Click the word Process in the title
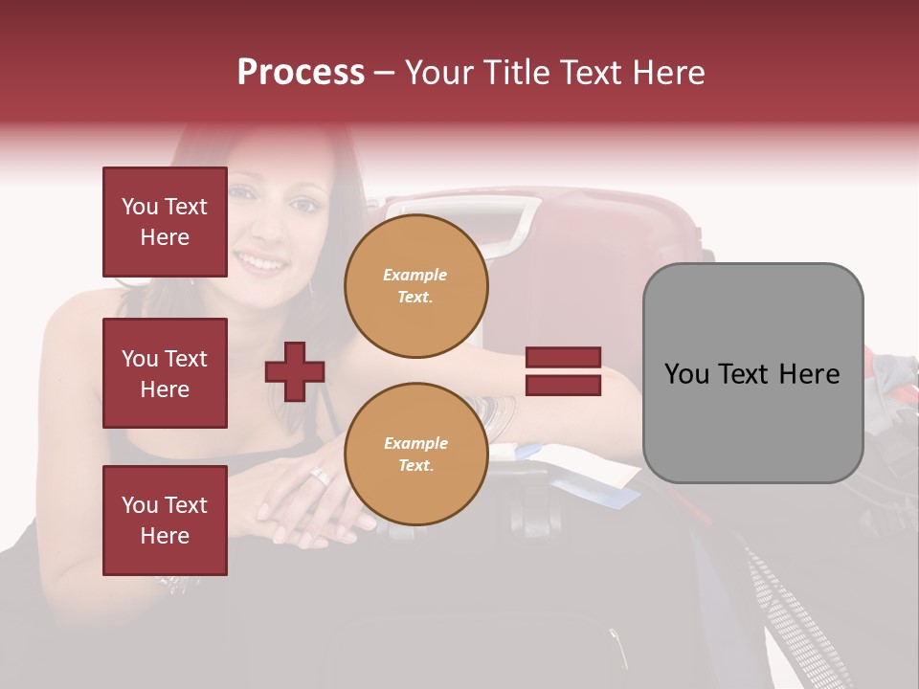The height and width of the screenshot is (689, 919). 301,73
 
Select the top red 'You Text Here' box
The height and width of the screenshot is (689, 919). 165,222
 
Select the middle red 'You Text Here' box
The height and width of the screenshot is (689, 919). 165,373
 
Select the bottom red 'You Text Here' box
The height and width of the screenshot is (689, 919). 165,521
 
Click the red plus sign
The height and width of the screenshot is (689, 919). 295,371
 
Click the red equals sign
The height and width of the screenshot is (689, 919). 564,371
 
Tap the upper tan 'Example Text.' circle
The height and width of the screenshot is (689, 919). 415,285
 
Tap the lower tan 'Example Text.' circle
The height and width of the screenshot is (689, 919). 415,454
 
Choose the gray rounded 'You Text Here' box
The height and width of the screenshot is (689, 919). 752,373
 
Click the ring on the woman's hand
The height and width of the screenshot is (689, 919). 320,476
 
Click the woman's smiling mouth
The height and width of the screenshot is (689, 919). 262,261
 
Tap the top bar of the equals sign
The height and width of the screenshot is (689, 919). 564,358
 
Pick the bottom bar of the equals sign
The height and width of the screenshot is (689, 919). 564,386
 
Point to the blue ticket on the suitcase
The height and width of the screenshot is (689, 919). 594,493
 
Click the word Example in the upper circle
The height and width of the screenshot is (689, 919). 415,275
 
